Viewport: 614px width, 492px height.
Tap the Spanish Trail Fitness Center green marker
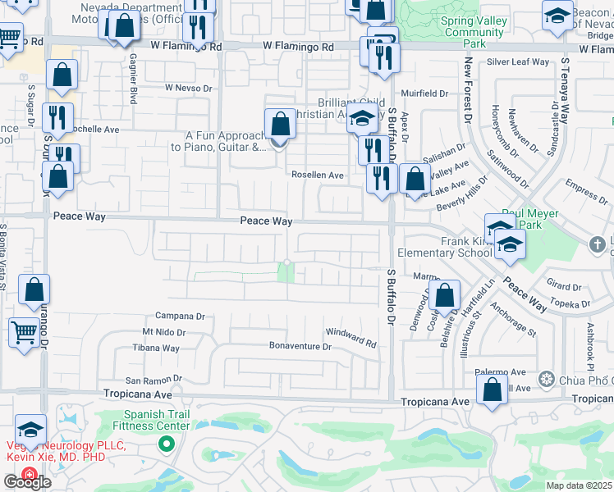[167, 444]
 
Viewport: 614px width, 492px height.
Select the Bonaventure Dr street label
[300, 347]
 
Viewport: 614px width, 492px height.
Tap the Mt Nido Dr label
[164, 332]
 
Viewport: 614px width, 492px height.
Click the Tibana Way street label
[156, 348]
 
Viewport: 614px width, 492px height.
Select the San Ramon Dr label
[153, 380]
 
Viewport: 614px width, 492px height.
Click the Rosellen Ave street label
[318, 175]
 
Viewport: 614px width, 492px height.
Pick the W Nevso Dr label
[188, 87]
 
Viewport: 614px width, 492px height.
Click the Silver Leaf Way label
[517, 61]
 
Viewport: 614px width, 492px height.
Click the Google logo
[27, 481]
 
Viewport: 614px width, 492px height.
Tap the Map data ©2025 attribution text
[578, 485]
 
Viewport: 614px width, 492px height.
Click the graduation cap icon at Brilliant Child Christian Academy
[361, 118]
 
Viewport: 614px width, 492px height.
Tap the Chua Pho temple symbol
[547, 379]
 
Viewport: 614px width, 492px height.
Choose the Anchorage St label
[512, 321]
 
